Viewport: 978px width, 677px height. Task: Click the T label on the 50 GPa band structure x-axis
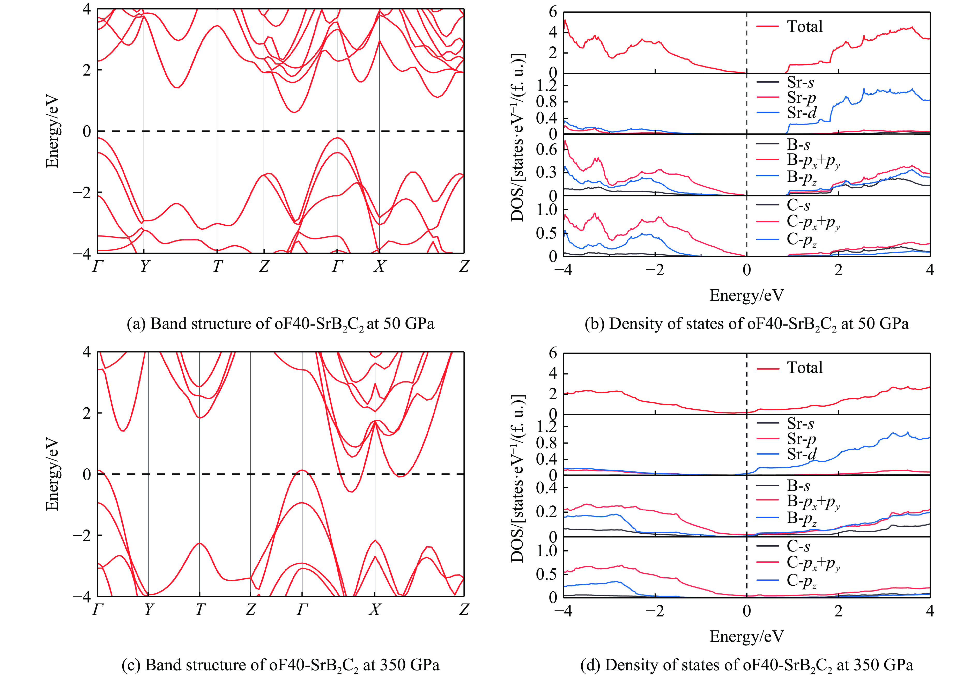tap(217, 266)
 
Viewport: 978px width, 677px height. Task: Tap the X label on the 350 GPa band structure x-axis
tap(374, 609)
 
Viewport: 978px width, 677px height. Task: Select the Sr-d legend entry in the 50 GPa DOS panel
tap(801, 113)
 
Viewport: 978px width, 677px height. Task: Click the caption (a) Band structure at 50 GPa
tap(280, 324)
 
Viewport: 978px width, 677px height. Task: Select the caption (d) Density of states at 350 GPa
tap(746, 665)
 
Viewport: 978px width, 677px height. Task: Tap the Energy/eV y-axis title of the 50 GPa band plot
tap(52, 132)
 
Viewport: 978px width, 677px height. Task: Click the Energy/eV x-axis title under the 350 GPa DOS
tap(746, 636)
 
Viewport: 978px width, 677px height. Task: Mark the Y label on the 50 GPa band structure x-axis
tap(144, 266)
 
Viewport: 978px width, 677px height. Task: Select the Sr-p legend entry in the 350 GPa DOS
tap(801, 439)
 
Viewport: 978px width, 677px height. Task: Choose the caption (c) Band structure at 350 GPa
tap(280, 665)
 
